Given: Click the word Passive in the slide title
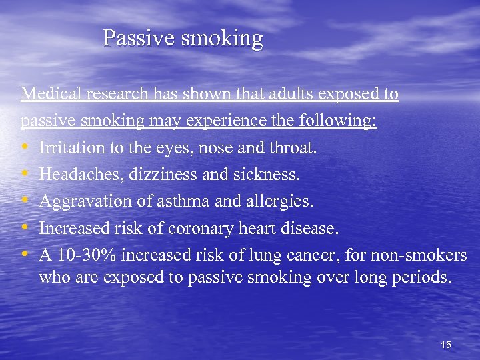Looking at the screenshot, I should (137, 38).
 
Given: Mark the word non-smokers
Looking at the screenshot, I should (427, 256).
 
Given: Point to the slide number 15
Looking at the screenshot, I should (446, 345).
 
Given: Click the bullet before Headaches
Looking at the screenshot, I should (25, 175).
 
